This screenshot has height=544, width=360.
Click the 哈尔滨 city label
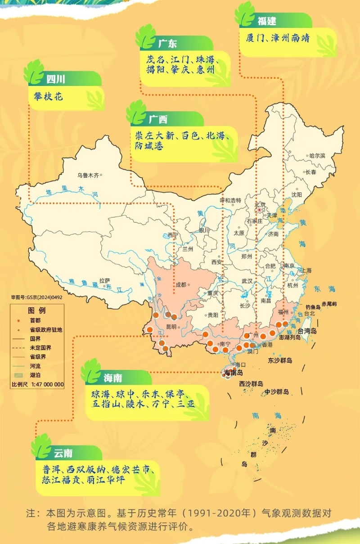pos(318,156)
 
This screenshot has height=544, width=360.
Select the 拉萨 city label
pos(104,279)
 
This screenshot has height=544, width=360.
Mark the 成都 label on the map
pos(181,284)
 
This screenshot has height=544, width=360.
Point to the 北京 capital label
pos(260,204)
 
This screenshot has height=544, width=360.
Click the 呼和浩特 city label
pos(230,200)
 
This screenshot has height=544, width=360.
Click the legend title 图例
pos(37,310)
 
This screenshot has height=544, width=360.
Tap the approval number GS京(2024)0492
pos(37,297)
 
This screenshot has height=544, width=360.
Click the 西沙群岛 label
pos(252,384)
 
